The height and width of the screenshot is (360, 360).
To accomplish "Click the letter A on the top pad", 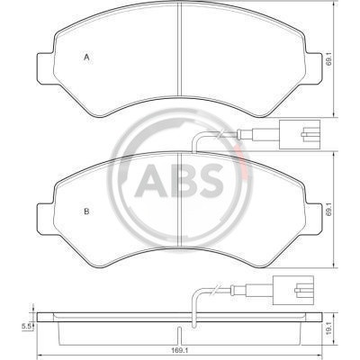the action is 86,58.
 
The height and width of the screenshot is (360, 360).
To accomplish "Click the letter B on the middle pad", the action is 86,211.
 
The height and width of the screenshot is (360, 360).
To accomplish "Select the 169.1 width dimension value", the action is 179,350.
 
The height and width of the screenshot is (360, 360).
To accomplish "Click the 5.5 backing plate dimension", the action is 26,327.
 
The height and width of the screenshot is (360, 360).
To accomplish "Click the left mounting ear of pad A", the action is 45,68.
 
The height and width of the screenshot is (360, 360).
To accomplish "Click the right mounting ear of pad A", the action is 313,68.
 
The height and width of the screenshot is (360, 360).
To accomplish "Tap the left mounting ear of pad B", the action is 45,219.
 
